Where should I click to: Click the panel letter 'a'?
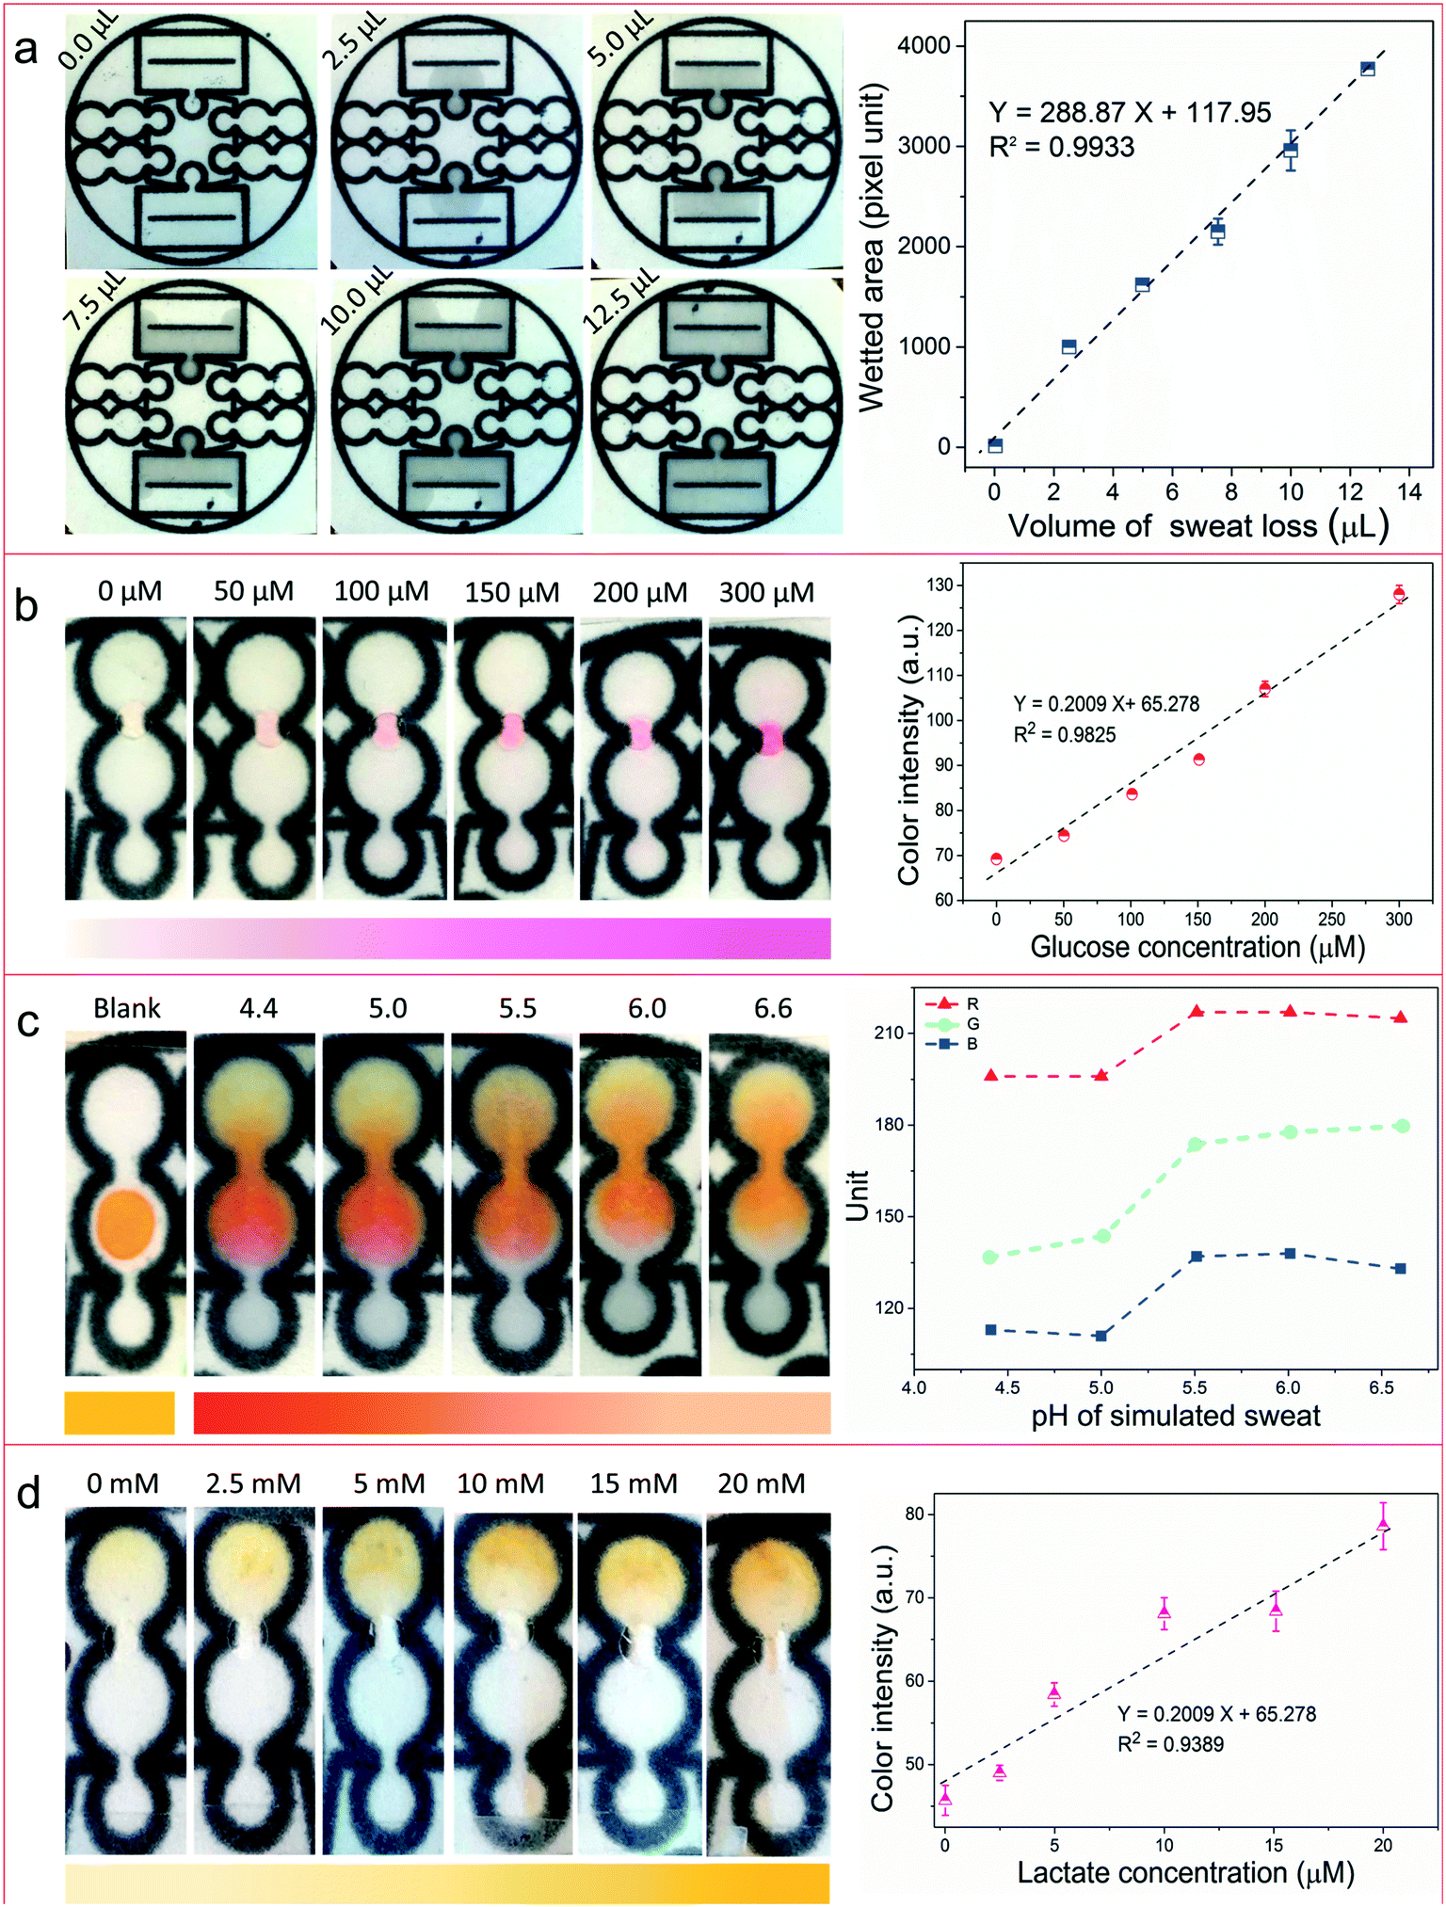click(x=26, y=48)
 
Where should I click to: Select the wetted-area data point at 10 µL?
click(x=1291, y=150)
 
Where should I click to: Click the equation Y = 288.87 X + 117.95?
click(x=1130, y=113)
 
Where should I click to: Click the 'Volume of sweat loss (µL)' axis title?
click(x=1198, y=525)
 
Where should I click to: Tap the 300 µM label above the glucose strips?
click(x=766, y=592)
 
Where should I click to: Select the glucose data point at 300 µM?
click(x=1399, y=594)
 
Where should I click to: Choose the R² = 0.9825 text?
click(x=1065, y=734)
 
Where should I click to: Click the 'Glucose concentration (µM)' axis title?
click(x=1197, y=947)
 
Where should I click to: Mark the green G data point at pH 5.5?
click(x=1196, y=1145)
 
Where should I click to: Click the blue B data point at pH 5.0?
click(x=1101, y=1336)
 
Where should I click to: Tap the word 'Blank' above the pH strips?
click(x=127, y=1008)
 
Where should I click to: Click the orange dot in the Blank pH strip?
click(x=125, y=1224)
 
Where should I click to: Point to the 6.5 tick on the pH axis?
click(x=1382, y=1388)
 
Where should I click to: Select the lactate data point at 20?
click(x=1383, y=1525)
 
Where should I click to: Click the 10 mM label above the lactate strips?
click(x=501, y=1484)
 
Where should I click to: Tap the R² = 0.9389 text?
click(x=1170, y=1744)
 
